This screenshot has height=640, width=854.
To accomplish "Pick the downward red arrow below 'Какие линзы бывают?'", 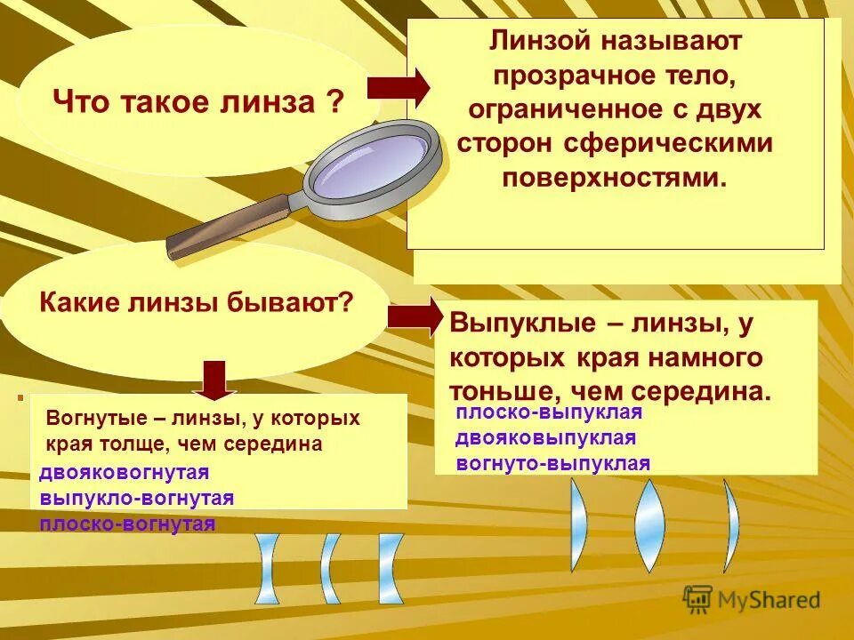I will point(214,380).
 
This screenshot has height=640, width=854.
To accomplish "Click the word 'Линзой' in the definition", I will point(541,42).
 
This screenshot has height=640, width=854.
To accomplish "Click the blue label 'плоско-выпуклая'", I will point(549,412).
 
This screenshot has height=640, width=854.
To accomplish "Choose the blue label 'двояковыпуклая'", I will point(545,437).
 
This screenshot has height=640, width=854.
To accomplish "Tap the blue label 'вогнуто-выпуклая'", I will point(552,463).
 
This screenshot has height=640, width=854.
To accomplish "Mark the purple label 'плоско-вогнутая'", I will point(127,524).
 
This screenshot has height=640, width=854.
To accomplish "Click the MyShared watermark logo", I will point(752,599).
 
